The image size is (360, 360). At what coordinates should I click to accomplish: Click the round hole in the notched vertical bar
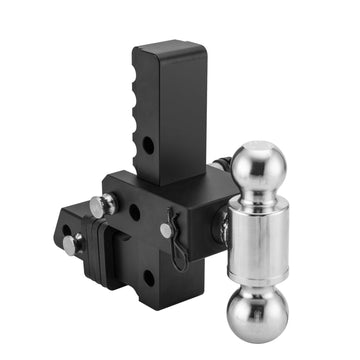(x=149, y=146)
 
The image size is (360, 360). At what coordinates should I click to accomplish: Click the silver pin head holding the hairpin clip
(x=166, y=231)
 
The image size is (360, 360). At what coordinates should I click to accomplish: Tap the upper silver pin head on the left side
(x=97, y=206)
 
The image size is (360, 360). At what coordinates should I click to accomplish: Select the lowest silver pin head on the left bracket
(x=69, y=243)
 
